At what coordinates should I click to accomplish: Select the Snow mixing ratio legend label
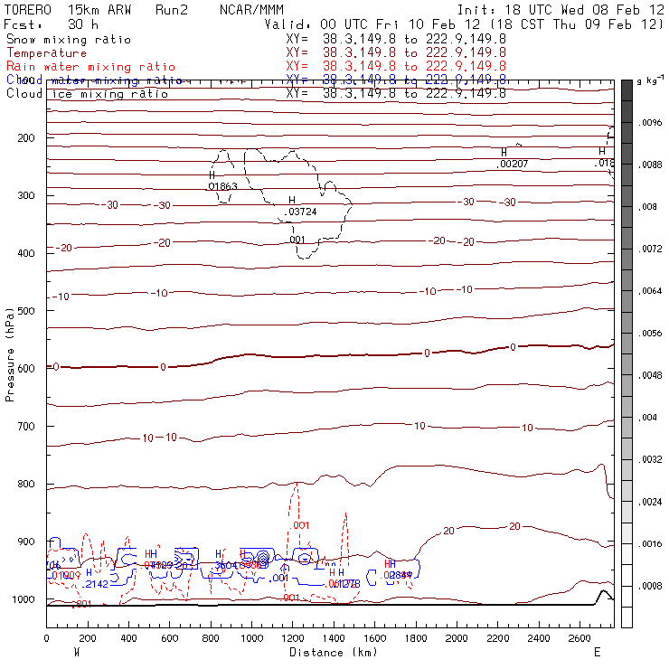69,40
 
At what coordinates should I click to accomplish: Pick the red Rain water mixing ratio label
79,67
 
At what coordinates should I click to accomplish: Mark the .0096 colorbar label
651,122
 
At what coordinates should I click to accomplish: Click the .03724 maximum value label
302,212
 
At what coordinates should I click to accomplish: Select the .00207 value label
513,164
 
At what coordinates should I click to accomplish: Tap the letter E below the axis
597,652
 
